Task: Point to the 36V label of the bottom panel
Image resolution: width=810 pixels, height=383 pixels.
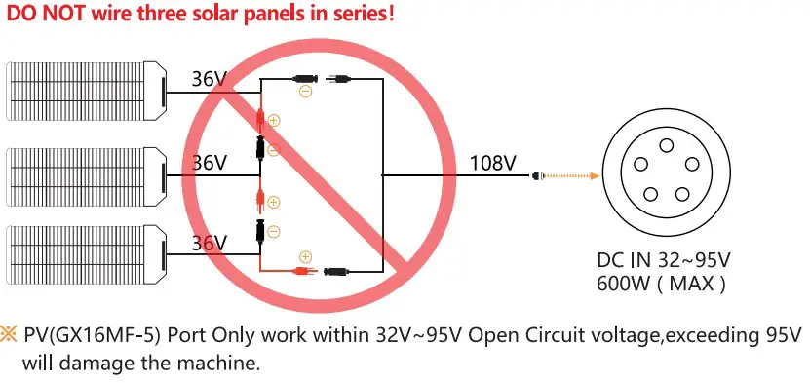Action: [209, 243]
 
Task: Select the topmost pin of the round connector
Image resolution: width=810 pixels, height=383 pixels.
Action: [666, 145]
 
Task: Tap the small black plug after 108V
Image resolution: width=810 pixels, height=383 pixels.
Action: [534, 176]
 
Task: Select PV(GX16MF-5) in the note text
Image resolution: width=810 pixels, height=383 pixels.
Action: [88, 336]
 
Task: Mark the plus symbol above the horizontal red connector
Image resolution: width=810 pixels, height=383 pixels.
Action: [305, 256]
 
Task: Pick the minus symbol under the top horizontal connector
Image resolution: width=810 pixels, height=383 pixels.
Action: [305, 92]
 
